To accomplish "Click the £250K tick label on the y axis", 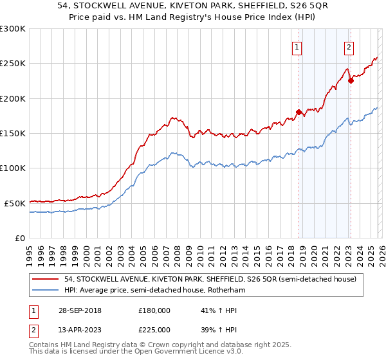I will click(13, 64).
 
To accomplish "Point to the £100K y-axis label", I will click(13, 168).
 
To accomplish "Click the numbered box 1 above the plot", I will click(297, 47).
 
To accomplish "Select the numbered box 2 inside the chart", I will click(349, 47).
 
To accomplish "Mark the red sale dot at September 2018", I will click(299, 112).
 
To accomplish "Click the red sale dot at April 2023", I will click(351, 80).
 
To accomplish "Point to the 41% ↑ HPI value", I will click(219, 310).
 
